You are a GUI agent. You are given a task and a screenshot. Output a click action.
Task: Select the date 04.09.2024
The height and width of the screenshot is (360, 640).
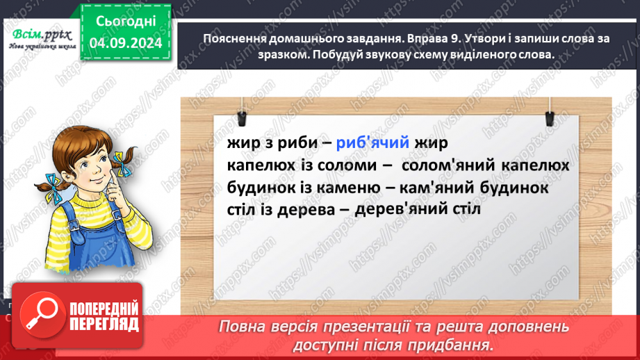click(x=126, y=43)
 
